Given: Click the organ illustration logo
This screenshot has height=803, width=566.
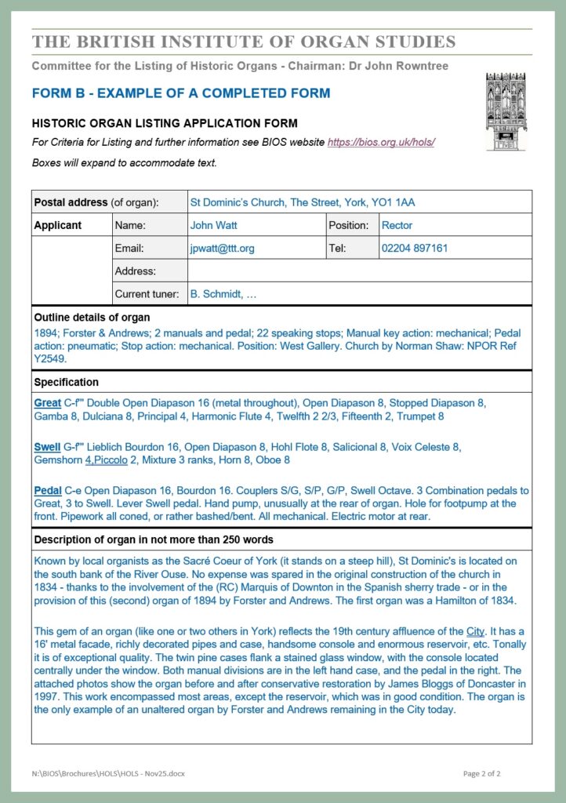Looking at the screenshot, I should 506,111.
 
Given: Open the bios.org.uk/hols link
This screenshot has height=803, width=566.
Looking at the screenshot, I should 381,143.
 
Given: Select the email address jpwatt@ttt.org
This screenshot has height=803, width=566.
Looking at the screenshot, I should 222,249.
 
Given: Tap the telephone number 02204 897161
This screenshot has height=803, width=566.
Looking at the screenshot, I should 415,249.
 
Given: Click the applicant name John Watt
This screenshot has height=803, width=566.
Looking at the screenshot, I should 213,225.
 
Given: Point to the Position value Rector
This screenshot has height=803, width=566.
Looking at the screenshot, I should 397,225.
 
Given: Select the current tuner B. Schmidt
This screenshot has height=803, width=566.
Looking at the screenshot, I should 223,295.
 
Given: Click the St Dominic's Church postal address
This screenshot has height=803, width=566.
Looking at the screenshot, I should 303,202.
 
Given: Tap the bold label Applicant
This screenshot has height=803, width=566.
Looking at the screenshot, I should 58,225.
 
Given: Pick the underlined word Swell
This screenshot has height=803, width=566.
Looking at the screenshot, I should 47,448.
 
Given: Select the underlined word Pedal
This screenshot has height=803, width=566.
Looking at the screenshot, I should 47,491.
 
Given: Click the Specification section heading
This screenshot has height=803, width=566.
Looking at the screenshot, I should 67,383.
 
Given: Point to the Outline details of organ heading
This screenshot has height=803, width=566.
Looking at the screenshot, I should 92,318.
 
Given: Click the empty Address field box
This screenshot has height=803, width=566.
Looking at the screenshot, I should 359,271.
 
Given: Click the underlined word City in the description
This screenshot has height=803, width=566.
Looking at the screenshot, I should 475,631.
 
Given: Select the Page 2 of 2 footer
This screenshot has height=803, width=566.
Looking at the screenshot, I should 481,774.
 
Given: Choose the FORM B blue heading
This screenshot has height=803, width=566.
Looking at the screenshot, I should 181,93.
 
